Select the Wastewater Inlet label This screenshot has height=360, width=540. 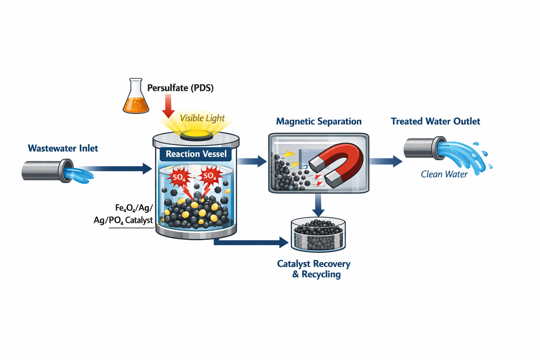[x=63, y=148]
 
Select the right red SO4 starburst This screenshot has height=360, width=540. [x=208, y=175]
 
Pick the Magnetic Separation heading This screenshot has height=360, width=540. [x=319, y=121]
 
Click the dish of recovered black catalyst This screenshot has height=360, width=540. [x=319, y=234]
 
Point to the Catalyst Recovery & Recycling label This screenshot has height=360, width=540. [x=314, y=269]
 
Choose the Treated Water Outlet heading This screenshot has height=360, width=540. [x=436, y=121]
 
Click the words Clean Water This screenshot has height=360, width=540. [x=444, y=174]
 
